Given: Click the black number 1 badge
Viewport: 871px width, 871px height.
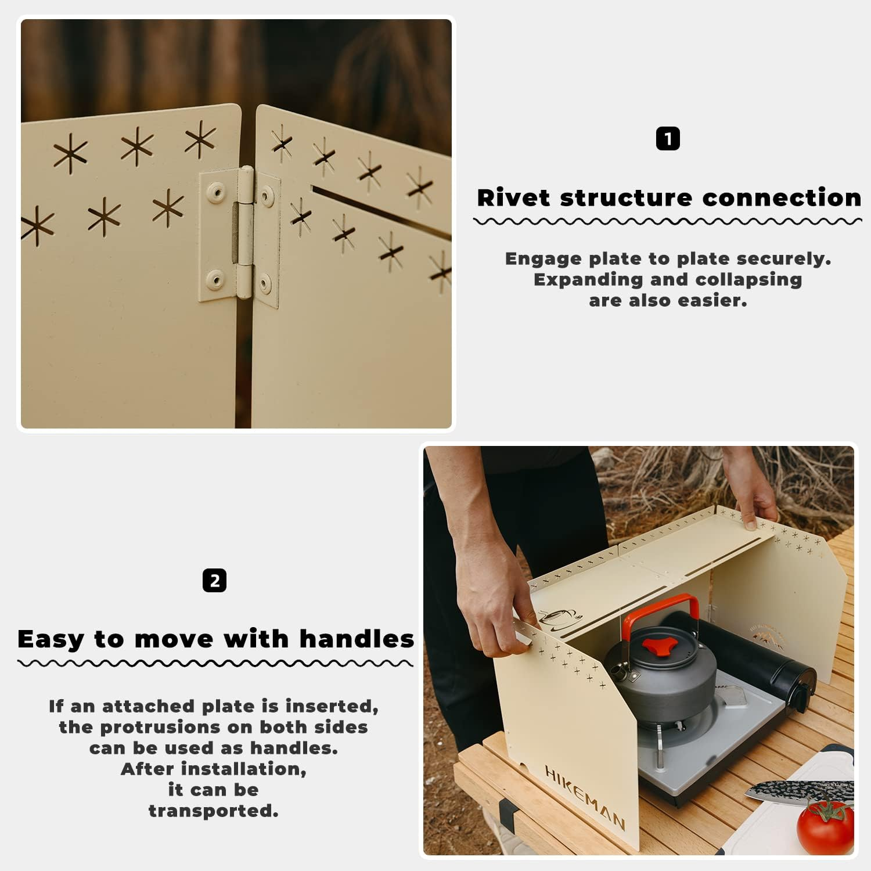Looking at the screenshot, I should pyautogui.click(x=668, y=139).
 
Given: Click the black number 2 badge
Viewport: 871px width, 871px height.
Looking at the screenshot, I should pyautogui.click(x=214, y=581).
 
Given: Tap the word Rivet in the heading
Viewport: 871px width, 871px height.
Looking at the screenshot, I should pyautogui.click(x=513, y=197).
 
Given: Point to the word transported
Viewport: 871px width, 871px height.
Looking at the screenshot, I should pyautogui.click(x=213, y=811).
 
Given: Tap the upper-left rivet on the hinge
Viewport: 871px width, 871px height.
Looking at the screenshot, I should pyautogui.click(x=218, y=190).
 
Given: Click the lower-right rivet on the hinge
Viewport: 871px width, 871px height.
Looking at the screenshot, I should pyautogui.click(x=265, y=285).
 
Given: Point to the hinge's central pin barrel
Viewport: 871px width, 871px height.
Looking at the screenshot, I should pyautogui.click(x=245, y=232).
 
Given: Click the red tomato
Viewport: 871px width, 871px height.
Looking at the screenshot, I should pyautogui.click(x=825, y=827).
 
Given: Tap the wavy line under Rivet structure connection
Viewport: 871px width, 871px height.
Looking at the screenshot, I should pyautogui.click(x=668, y=221).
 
